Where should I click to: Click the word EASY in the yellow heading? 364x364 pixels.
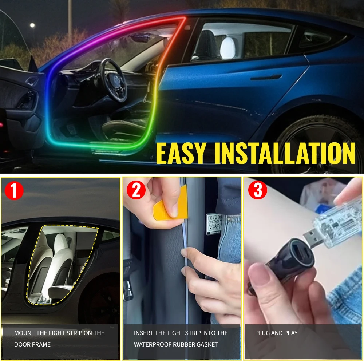point(181,153)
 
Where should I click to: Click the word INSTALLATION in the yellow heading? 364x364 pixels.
point(285,153)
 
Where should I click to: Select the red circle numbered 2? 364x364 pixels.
point(136,191)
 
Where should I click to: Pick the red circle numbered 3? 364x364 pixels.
point(258,191)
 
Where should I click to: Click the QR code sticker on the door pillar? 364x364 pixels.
point(215,223)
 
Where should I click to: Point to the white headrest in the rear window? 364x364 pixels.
point(228,47)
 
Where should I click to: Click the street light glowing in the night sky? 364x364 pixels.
point(32,25)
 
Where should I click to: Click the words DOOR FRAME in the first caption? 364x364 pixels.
point(32,344)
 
